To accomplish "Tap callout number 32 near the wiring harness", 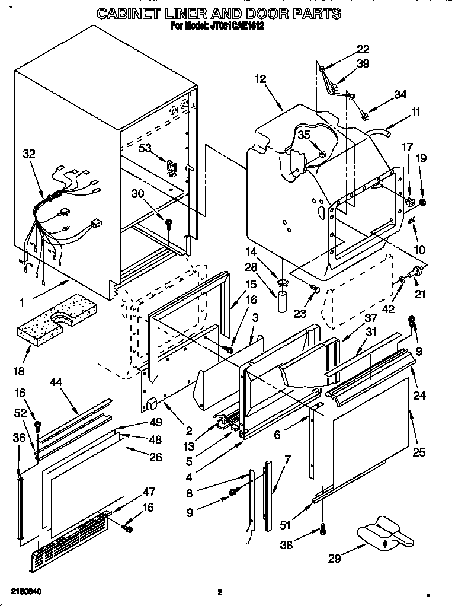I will [29, 154].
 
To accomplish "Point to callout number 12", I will [261, 78].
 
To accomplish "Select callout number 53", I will [145, 148].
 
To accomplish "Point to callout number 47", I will [149, 492].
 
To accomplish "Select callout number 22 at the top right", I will [363, 49].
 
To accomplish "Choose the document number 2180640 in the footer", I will [26, 592].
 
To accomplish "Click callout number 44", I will [72, 384].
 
